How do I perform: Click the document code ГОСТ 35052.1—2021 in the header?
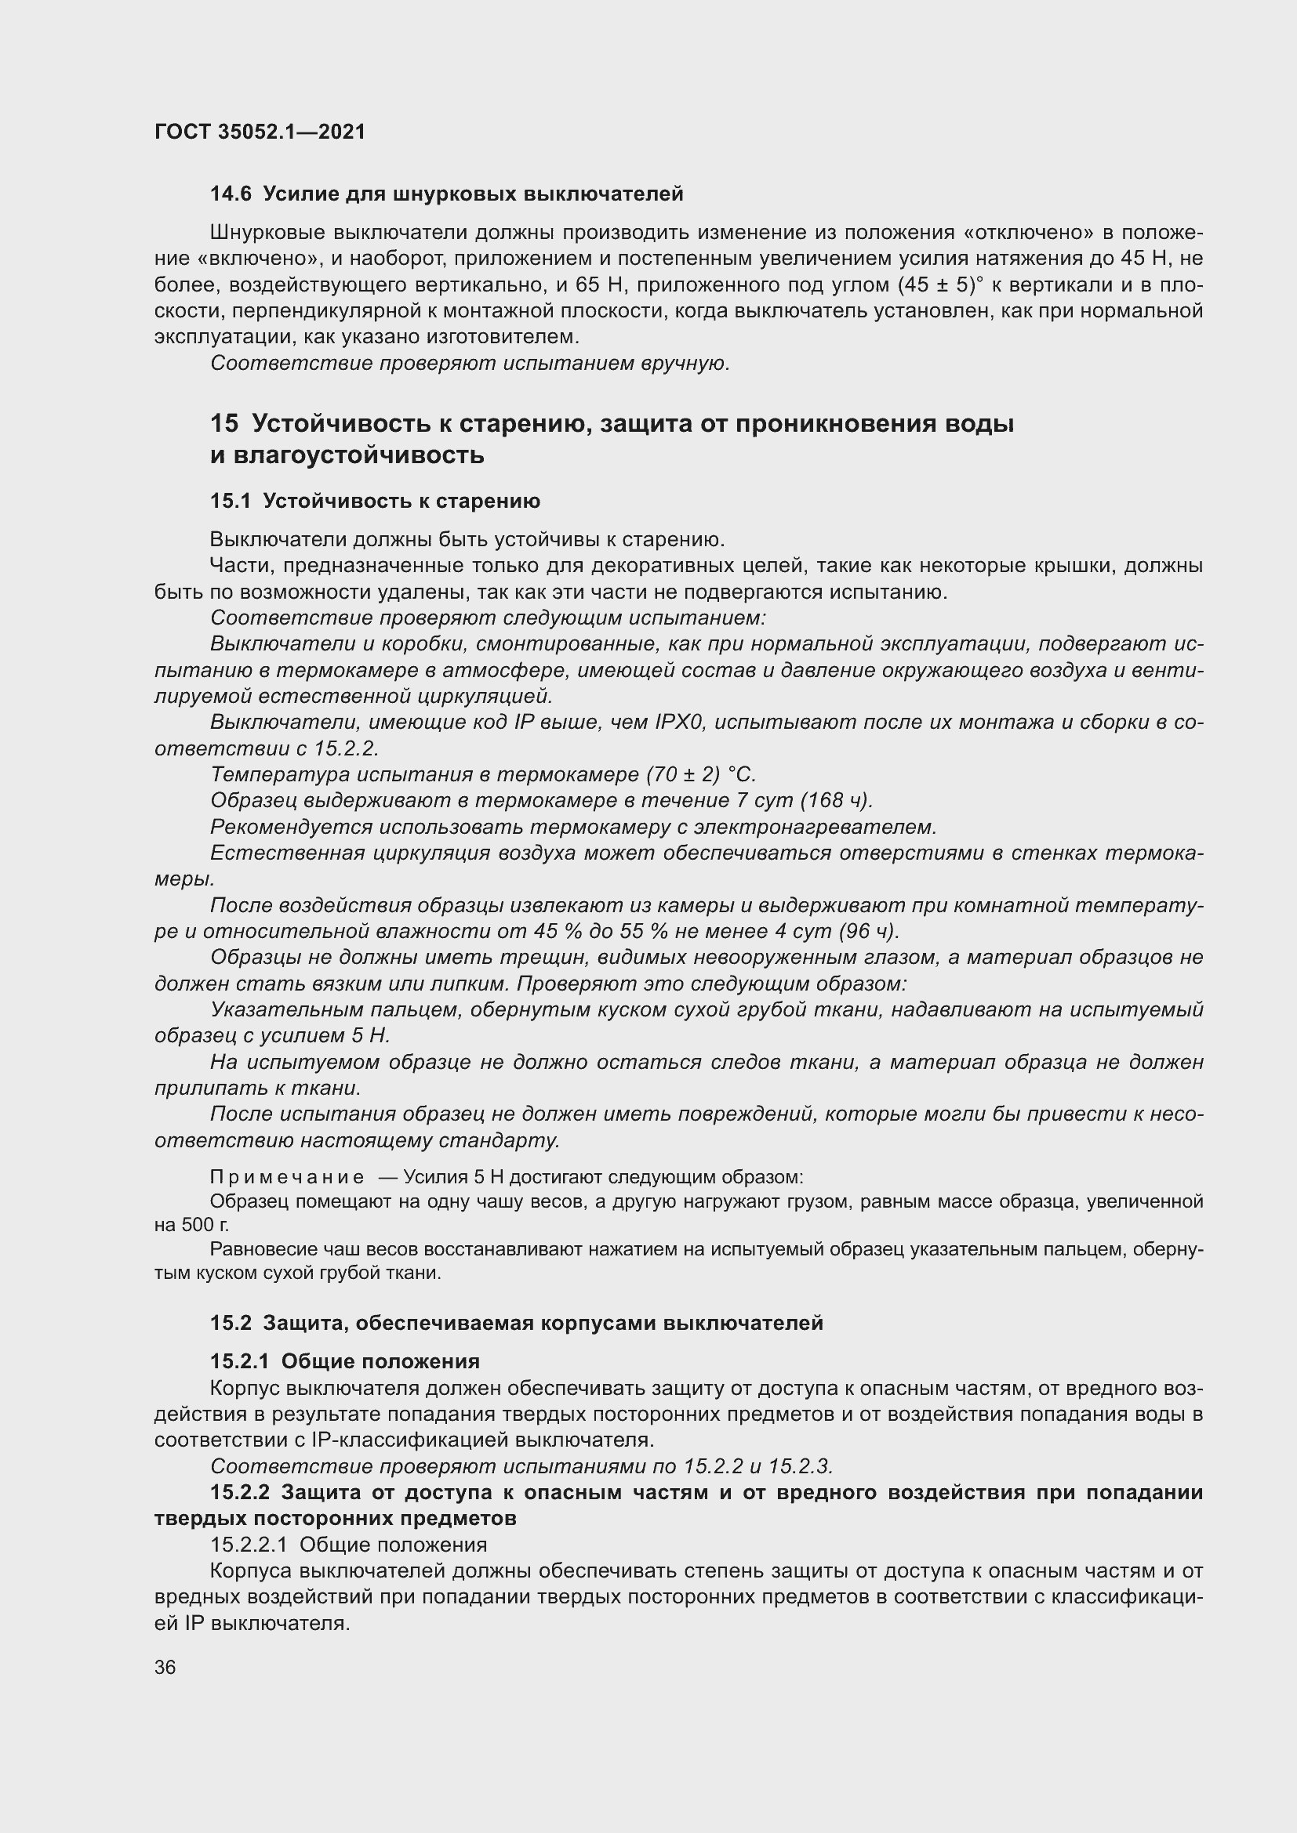pyautogui.click(x=260, y=132)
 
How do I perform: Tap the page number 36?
pyautogui.click(x=165, y=1667)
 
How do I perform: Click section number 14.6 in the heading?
pyautogui.click(x=230, y=194)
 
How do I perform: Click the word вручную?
pyautogui.click(x=685, y=364)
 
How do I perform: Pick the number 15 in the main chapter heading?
pyautogui.click(x=223, y=423)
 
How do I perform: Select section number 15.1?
pyautogui.click(x=230, y=502)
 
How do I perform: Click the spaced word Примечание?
pyautogui.click(x=287, y=1177)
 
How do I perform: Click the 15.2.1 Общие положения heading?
pyautogui.click(x=344, y=1361)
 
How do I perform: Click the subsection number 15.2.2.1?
pyautogui.click(x=249, y=1544)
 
